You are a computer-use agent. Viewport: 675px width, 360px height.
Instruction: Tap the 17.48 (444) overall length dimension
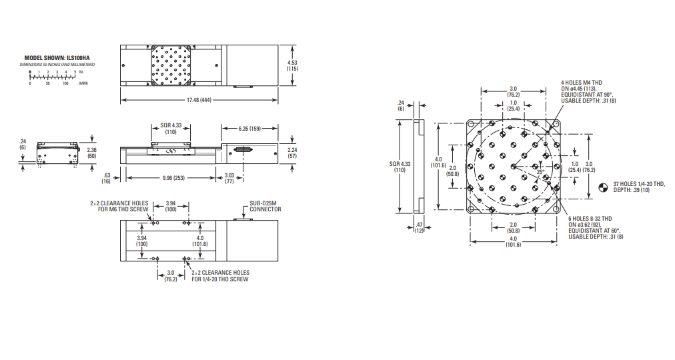pos(199,100)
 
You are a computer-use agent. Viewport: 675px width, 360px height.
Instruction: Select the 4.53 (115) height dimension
pos(293,66)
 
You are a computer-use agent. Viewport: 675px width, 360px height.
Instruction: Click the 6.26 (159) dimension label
pos(249,128)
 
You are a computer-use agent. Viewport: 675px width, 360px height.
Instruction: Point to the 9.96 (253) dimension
pos(173,177)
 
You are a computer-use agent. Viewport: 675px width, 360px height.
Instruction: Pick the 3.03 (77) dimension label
pos(229,179)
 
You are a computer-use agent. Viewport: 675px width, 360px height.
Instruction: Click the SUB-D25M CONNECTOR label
pos(265,207)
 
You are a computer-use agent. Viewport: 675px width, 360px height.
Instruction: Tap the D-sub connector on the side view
pos(243,150)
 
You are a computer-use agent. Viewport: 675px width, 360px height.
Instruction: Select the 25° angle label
pos(540,172)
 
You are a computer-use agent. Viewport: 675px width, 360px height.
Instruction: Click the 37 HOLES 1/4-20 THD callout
pos(639,187)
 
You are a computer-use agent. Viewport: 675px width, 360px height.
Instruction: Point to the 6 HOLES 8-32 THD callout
pos(596,227)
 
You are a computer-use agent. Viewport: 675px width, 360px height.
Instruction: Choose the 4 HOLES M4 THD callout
pos(588,91)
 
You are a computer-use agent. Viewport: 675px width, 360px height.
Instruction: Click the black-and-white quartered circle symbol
pos(604,187)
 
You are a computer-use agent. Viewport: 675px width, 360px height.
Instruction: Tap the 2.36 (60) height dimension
pos(91,153)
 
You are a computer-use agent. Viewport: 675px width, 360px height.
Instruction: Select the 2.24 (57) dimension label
pos(292,153)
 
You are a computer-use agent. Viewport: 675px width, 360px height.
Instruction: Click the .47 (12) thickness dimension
pos(419,227)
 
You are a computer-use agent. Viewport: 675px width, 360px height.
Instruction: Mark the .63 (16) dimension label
pos(106,178)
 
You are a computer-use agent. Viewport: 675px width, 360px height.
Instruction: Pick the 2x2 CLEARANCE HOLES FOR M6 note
pos(119,206)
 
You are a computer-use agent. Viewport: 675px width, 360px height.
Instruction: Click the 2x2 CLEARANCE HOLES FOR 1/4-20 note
pos(220,276)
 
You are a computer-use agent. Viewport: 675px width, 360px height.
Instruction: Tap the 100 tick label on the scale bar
pos(65,83)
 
